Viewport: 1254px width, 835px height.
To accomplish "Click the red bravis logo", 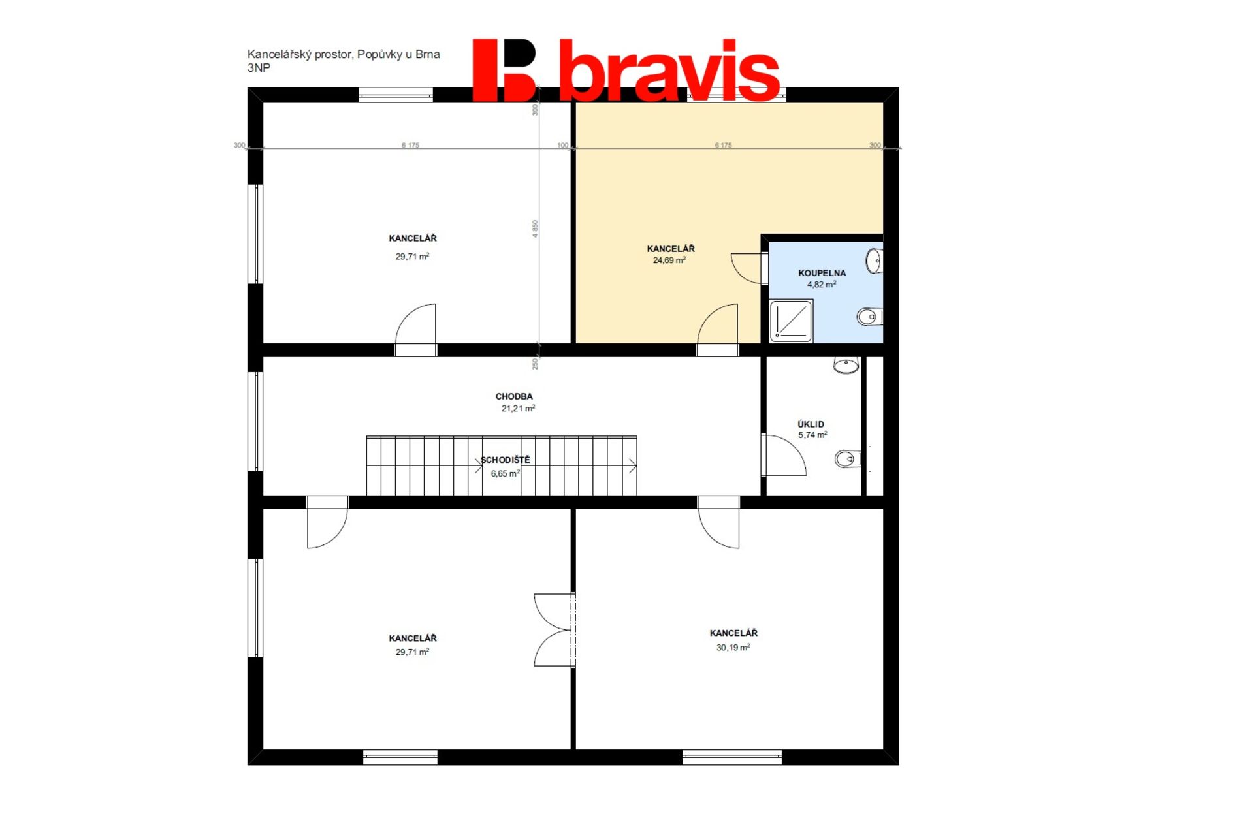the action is pos(626,70).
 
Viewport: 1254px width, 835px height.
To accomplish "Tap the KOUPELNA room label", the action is pos(822,273).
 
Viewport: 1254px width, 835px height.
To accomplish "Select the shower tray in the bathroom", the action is pos(791,321).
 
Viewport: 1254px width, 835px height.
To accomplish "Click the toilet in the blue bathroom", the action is pos(869,317).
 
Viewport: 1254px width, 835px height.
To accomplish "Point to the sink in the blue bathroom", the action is pos(874,261).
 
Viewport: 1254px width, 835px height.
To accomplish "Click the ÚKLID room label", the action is pos(811,424).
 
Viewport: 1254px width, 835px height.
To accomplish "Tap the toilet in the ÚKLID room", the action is pos(848,459).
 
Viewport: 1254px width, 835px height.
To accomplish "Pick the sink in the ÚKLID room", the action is pos(846,365).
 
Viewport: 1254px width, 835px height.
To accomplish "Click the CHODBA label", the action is pos(514,396).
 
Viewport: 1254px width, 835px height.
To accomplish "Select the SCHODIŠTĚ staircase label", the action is pos(506,460).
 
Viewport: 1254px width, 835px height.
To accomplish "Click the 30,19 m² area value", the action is pos(733,647).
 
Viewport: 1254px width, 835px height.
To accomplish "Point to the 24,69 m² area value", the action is pos(669,260).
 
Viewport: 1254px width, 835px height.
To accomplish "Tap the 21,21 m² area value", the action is pos(518,408).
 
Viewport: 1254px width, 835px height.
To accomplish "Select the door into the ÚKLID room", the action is pos(784,455).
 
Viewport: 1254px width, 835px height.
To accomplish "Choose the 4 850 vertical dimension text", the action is pos(535,228).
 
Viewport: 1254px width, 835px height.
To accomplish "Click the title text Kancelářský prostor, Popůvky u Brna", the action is pos(344,54).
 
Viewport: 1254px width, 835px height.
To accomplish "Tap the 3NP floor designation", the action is pos(259,68).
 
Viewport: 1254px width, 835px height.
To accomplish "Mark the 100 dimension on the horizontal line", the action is pos(562,145).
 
